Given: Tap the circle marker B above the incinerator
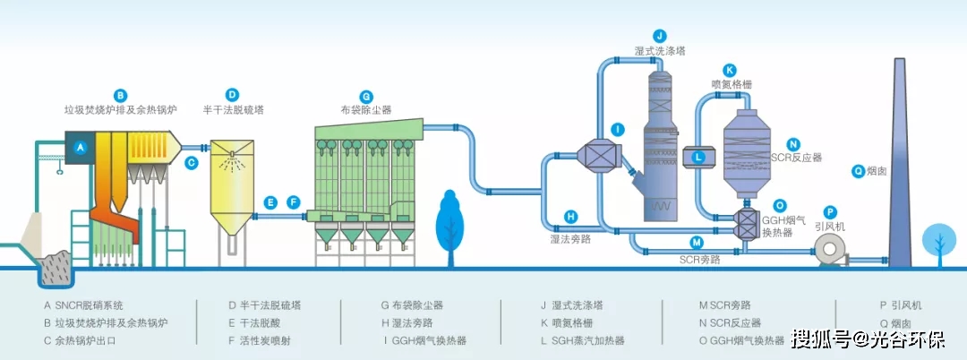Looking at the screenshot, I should click(x=121, y=94).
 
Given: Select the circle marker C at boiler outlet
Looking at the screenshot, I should click(x=192, y=163).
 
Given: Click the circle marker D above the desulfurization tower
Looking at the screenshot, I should click(x=233, y=94).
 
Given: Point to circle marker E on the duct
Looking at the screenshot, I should click(x=271, y=203).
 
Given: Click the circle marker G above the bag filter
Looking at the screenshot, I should click(x=365, y=96).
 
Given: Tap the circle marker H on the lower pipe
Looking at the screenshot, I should click(x=570, y=216).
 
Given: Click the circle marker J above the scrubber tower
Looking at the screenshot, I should click(x=660, y=36).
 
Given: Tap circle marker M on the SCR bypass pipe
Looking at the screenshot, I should click(x=696, y=242).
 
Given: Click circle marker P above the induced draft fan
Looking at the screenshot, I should click(x=830, y=211).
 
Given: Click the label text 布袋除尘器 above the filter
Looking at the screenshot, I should click(x=366, y=111).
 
